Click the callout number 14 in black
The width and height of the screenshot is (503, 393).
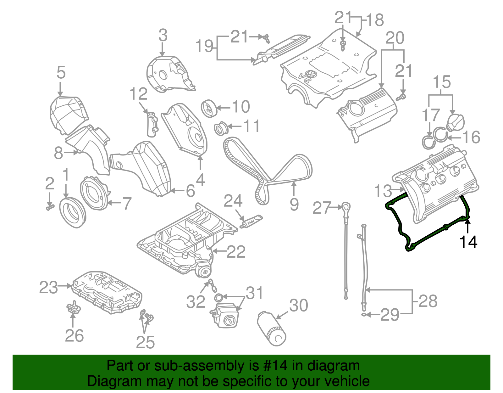468,242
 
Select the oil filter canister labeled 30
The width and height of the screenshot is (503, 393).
271,329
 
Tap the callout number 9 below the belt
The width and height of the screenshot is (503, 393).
294,205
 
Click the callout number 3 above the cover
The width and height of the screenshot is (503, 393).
163,35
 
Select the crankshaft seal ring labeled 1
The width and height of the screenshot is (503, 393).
72,212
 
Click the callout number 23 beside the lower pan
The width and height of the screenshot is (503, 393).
48,287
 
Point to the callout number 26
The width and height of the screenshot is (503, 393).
74,335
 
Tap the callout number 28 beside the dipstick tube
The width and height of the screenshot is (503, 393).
428,301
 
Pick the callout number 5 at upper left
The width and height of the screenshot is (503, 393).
61,72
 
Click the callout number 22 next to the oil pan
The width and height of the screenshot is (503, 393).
236,251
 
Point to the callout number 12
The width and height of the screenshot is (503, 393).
138,94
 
